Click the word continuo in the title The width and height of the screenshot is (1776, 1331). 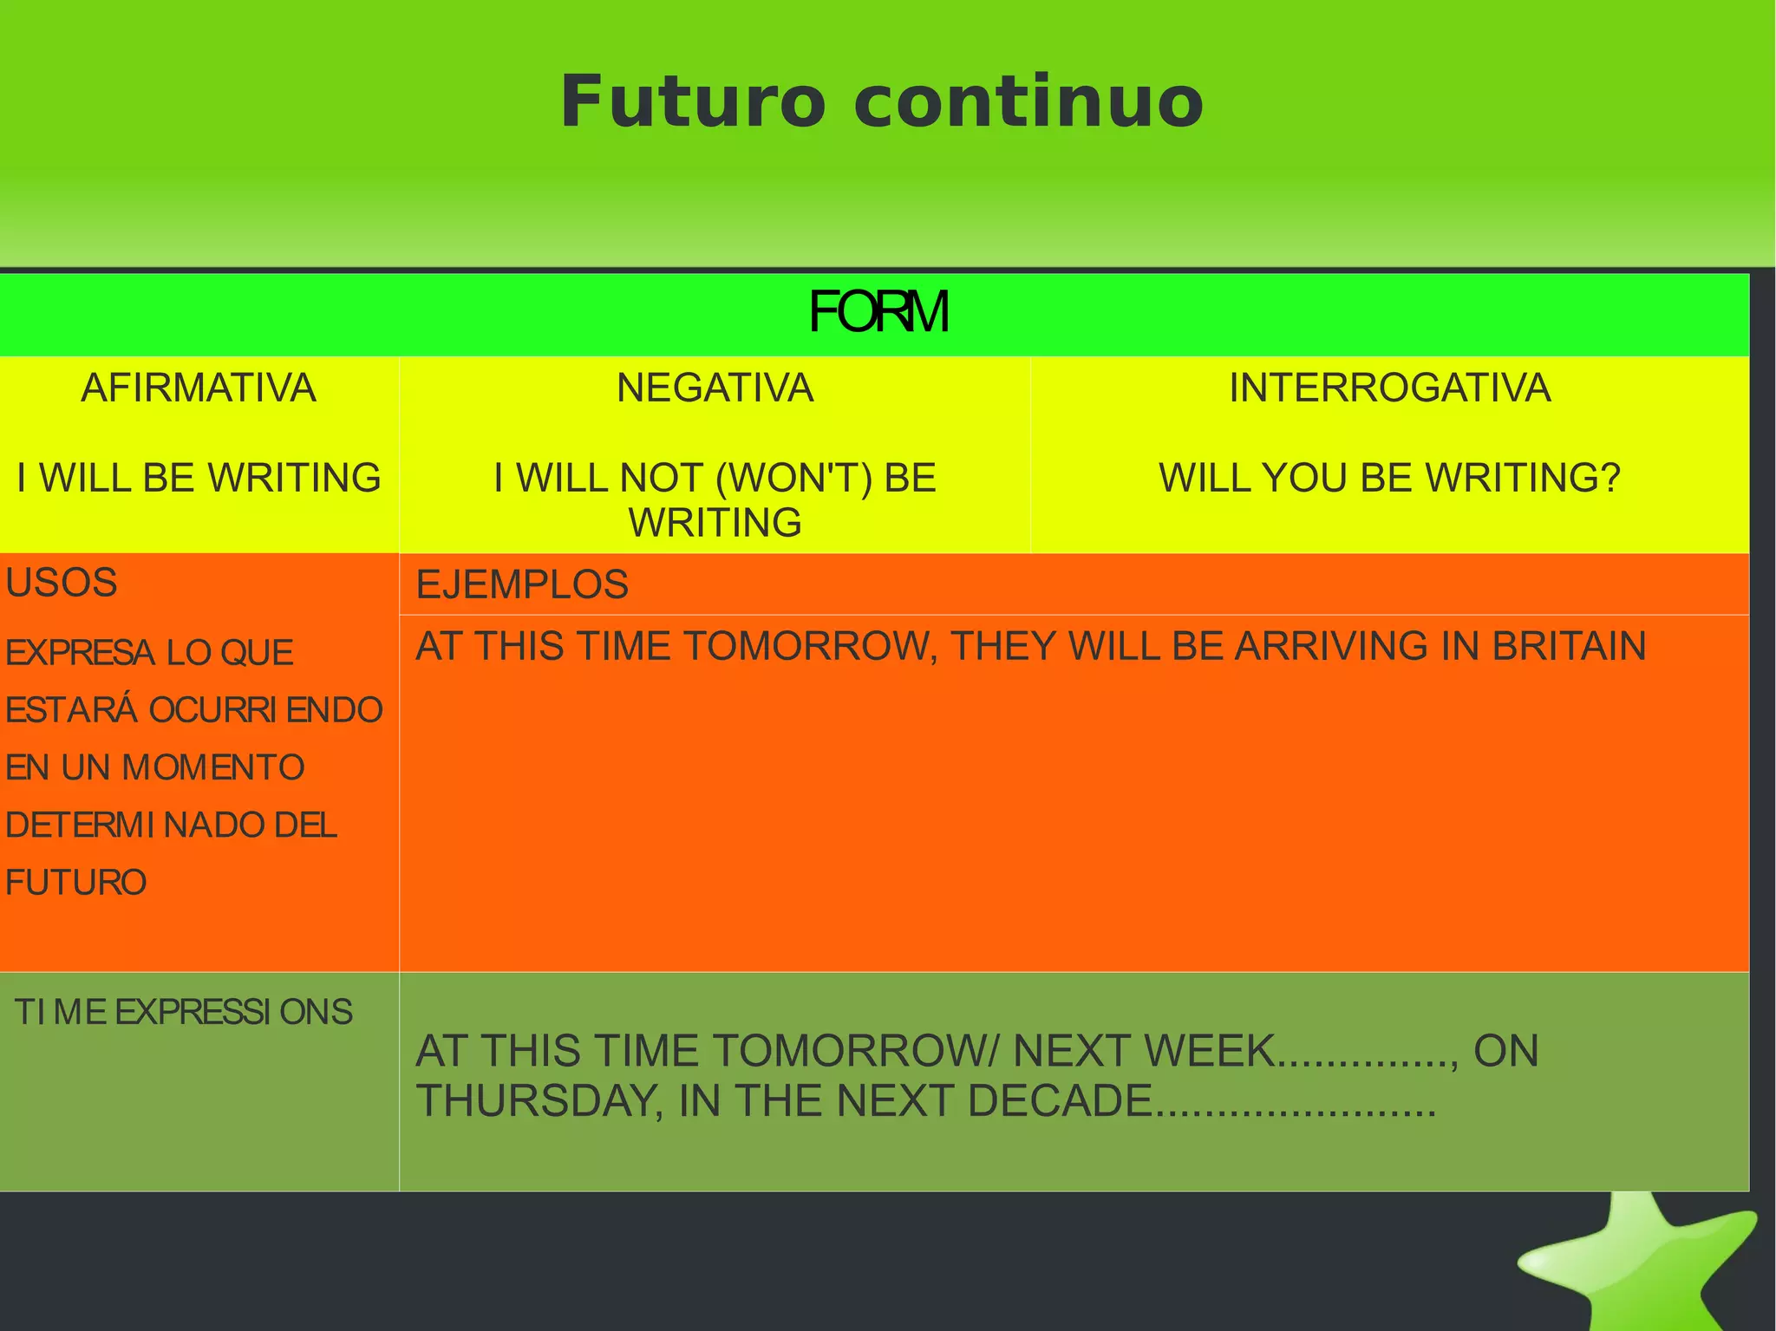pos(1028,102)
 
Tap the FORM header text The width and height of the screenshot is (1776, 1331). pos(878,312)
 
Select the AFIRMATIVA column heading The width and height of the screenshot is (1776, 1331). pos(199,388)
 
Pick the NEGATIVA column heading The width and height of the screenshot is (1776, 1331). pos(715,388)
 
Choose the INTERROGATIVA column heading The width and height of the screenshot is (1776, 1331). pos(1389,388)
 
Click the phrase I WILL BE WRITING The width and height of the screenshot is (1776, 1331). pos(199,478)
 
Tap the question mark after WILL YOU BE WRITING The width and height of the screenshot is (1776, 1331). pos(1610,478)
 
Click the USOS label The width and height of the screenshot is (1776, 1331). pos(61,583)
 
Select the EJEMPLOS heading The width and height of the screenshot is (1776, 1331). pos(522,584)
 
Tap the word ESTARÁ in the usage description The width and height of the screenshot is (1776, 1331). pos(71,710)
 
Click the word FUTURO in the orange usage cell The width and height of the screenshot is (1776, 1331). pos(76,883)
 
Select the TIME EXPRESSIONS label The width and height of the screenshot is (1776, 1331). pos(183,1012)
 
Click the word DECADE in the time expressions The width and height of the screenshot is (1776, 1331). pos(1059,1101)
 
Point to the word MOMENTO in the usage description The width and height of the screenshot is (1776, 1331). pos(213,767)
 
